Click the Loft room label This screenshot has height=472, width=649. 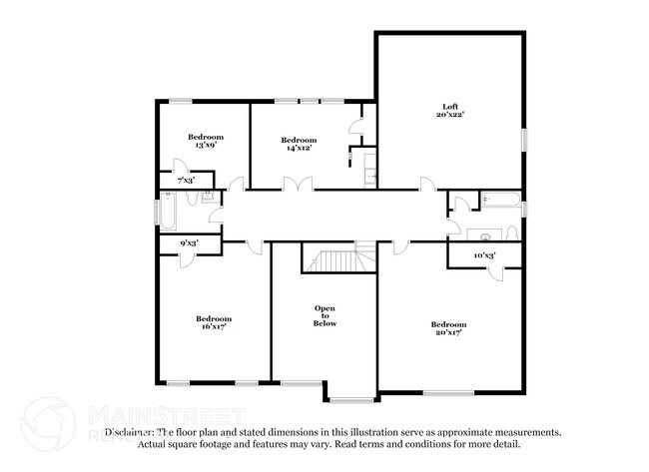[x=449, y=107]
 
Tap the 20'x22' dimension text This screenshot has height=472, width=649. [x=449, y=116]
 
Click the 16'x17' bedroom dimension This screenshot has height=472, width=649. [x=214, y=326]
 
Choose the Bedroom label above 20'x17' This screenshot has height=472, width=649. [x=448, y=323]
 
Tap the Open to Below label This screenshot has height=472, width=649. [x=325, y=315]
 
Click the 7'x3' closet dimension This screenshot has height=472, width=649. [x=186, y=181]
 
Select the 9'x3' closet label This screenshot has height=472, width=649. [x=188, y=242]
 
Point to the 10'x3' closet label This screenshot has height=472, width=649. [x=484, y=255]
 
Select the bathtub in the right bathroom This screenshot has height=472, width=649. [x=499, y=203]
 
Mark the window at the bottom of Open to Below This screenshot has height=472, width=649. [x=349, y=400]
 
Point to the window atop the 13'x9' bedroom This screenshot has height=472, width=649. [x=181, y=100]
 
